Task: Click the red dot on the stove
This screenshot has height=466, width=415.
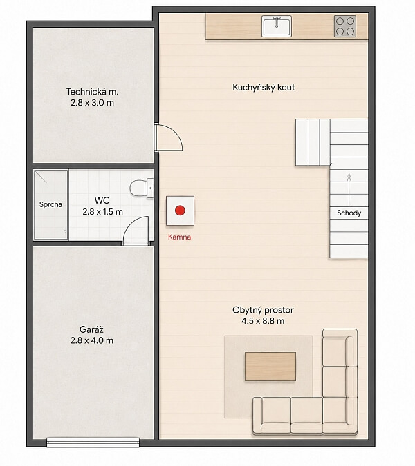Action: [180, 211]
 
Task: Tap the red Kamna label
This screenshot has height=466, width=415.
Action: [180, 237]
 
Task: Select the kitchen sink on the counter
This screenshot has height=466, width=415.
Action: [277, 26]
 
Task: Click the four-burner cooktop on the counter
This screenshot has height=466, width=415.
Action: [345, 26]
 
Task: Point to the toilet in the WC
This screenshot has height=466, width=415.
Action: [141, 188]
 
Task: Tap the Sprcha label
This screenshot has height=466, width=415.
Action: [50, 204]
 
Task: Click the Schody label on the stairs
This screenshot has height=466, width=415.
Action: [349, 213]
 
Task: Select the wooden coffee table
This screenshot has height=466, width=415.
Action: [270, 367]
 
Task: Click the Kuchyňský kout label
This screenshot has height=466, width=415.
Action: [264, 88]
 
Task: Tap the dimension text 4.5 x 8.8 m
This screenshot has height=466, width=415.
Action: [263, 321]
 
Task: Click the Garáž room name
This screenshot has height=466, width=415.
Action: [91, 329]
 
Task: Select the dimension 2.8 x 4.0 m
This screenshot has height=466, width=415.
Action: [92, 340]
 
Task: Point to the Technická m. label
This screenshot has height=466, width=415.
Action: [92, 92]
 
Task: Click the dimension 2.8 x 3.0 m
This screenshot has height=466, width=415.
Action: [92, 103]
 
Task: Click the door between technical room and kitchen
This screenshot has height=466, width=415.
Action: [168, 137]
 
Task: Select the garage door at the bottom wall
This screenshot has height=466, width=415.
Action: [93, 443]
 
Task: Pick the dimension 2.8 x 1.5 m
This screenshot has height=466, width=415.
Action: [102, 212]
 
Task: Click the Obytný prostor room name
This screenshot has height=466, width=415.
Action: [263, 310]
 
